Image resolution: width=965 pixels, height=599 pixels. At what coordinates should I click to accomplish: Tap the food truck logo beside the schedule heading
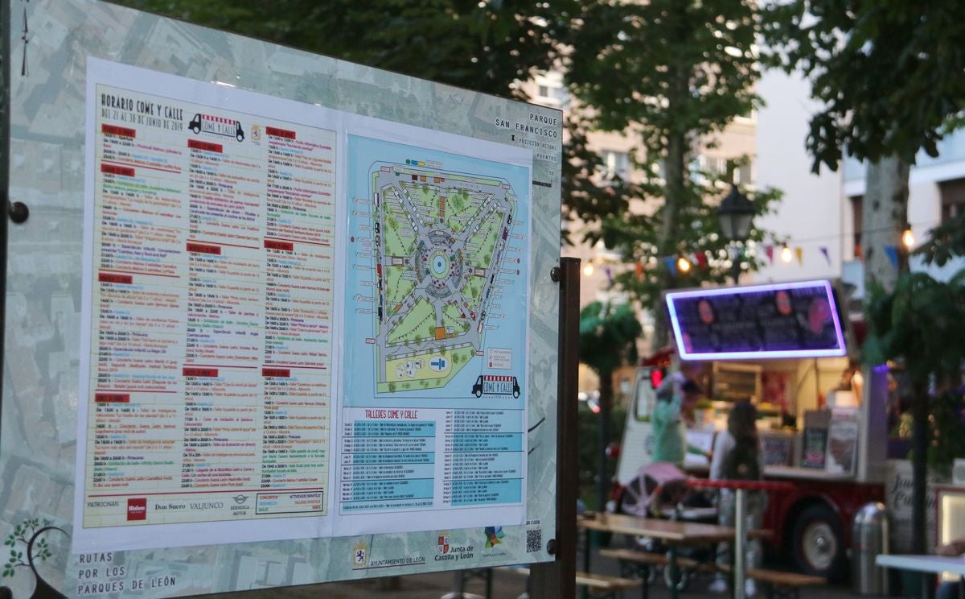(216, 127)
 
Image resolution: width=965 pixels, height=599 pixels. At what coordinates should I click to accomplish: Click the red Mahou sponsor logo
(136, 509)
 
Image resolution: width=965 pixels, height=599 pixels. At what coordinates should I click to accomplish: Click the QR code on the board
(534, 540)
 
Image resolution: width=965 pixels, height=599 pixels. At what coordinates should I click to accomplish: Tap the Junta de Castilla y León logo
(454, 549)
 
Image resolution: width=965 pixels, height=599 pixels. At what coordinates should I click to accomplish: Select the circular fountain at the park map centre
(438, 263)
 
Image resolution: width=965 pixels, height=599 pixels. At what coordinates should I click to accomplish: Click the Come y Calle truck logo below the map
(495, 386)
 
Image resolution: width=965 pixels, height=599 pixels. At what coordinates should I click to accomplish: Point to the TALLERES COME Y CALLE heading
(391, 414)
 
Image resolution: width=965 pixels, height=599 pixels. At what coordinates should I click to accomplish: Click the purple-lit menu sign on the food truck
(755, 320)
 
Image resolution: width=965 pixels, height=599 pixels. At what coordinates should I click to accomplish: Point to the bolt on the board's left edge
(18, 213)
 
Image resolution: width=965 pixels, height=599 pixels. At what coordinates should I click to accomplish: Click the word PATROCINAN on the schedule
(103, 505)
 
